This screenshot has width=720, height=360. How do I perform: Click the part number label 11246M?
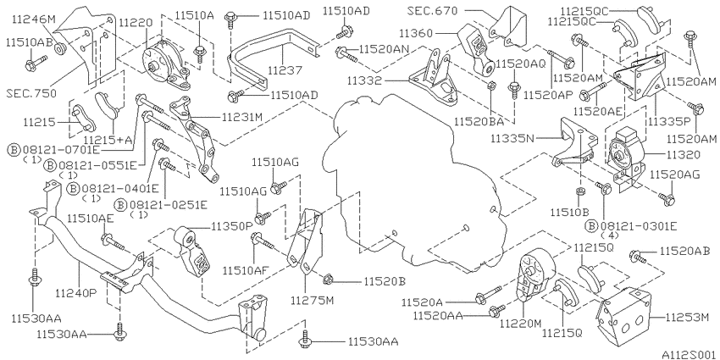[x=34, y=19]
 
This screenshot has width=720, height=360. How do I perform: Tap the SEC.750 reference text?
[x=31, y=93]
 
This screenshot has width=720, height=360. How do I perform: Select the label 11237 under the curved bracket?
[x=285, y=70]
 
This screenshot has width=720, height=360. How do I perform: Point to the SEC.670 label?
[x=432, y=10]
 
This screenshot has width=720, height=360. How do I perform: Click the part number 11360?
[x=416, y=33]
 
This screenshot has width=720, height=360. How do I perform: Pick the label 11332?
[x=364, y=80]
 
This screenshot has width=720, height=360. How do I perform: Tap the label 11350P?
[x=232, y=226]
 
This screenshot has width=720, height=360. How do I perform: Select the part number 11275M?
[x=312, y=301]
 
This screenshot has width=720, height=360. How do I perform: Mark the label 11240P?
[x=76, y=292]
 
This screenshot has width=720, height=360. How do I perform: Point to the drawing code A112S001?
[x=690, y=355]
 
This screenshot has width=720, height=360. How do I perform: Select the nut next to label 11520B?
[x=328, y=279]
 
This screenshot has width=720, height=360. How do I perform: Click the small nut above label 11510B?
[x=580, y=191]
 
